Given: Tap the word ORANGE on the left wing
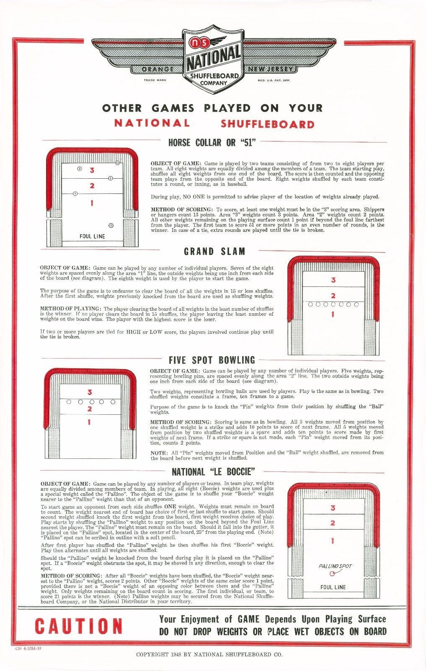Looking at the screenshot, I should (x=158, y=69).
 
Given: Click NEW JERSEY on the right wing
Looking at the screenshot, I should (x=271, y=69).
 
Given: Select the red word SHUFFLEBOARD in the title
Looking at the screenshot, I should (x=267, y=124).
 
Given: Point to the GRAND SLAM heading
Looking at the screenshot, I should (x=214, y=252).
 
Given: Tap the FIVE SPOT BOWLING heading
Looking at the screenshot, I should (x=212, y=360).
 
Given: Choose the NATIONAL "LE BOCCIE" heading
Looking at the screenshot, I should (x=213, y=472).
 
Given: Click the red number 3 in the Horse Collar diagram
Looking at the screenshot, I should (x=92, y=170).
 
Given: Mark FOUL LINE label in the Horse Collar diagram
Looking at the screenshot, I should (x=92, y=237).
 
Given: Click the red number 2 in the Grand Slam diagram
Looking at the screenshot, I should (x=333, y=296).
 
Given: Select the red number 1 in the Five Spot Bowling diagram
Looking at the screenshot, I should (x=89, y=422).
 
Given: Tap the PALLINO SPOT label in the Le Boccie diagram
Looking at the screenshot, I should (x=335, y=566).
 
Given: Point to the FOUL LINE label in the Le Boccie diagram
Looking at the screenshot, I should (x=333, y=587).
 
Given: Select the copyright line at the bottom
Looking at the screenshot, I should (x=209, y=654).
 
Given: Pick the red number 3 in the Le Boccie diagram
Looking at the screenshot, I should (x=333, y=508).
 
